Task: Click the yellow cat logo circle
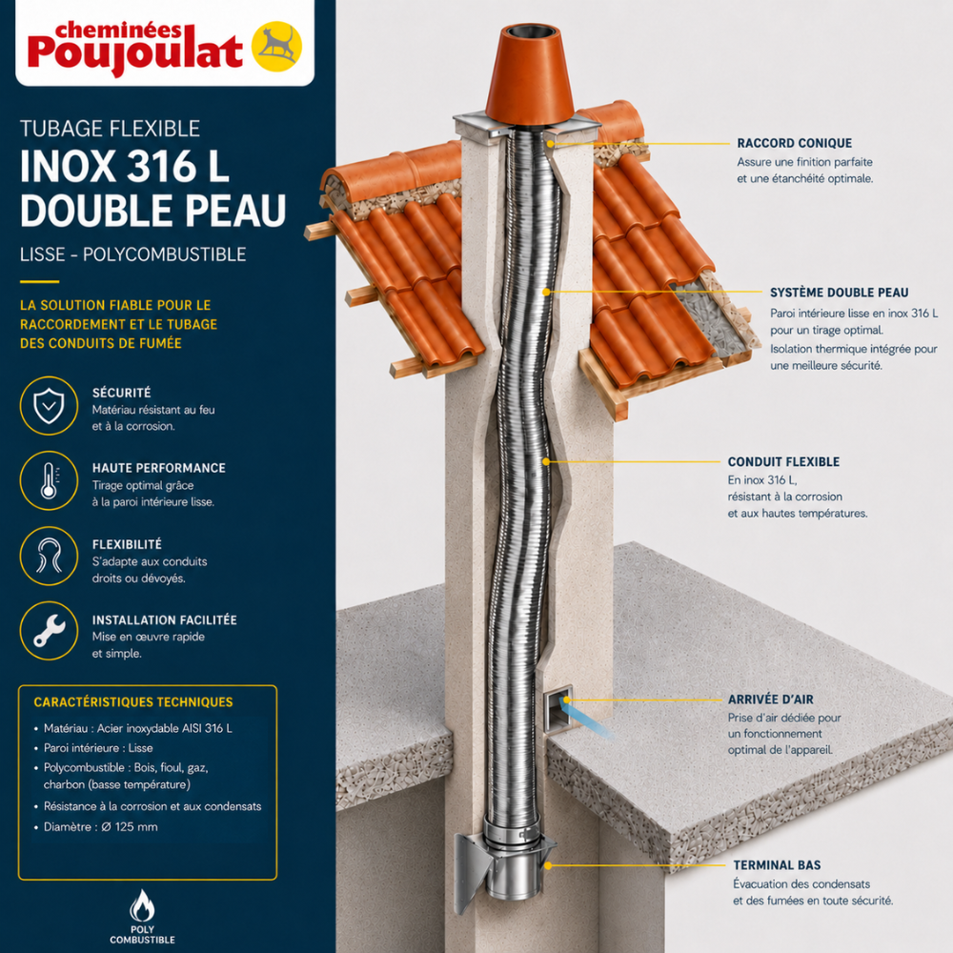click(276, 47)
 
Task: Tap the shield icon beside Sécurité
click(49, 405)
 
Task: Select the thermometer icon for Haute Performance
click(49, 480)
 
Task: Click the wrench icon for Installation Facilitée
click(49, 631)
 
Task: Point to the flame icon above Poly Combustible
click(142, 905)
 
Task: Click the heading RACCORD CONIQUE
click(795, 144)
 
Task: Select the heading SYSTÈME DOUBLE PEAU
click(839, 293)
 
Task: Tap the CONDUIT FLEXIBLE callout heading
click(783, 462)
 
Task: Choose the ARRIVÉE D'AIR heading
click(771, 700)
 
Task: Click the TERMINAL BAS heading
click(777, 865)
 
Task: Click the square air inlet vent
click(558, 709)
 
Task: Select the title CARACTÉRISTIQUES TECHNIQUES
click(133, 702)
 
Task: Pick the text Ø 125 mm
click(129, 826)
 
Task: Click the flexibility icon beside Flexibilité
click(49, 557)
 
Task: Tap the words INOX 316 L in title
click(125, 166)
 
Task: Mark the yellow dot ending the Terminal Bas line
click(548, 865)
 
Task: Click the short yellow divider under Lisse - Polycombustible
click(39, 282)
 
